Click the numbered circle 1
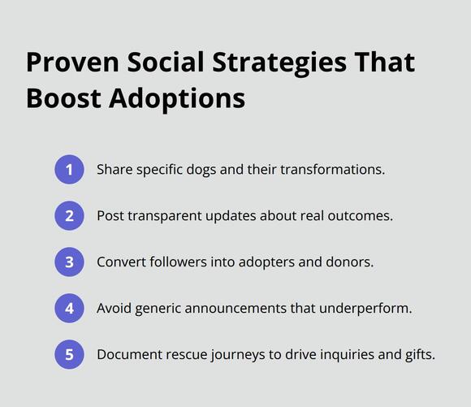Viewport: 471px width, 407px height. [x=69, y=170]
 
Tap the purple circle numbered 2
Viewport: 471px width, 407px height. [x=69, y=216]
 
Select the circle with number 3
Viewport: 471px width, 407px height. [x=69, y=262]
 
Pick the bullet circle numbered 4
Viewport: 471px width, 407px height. [x=69, y=308]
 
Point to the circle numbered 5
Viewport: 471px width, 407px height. [x=69, y=354]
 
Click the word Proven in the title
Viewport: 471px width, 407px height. [x=73, y=63]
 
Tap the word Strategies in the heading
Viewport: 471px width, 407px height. [x=279, y=64]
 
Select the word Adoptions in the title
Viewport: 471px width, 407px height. [x=177, y=100]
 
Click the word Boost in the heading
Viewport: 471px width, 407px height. [x=63, y=98]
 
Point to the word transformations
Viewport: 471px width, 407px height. [x=332, y=170]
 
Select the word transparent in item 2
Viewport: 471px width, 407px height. [x=165, y=216]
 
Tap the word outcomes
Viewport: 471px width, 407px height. [x=361, y=216]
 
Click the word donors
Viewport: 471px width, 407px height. [x=350, y=262]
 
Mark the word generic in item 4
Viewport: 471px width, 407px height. [x=158, y=309]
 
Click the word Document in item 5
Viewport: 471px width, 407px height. [x=129, y=354]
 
